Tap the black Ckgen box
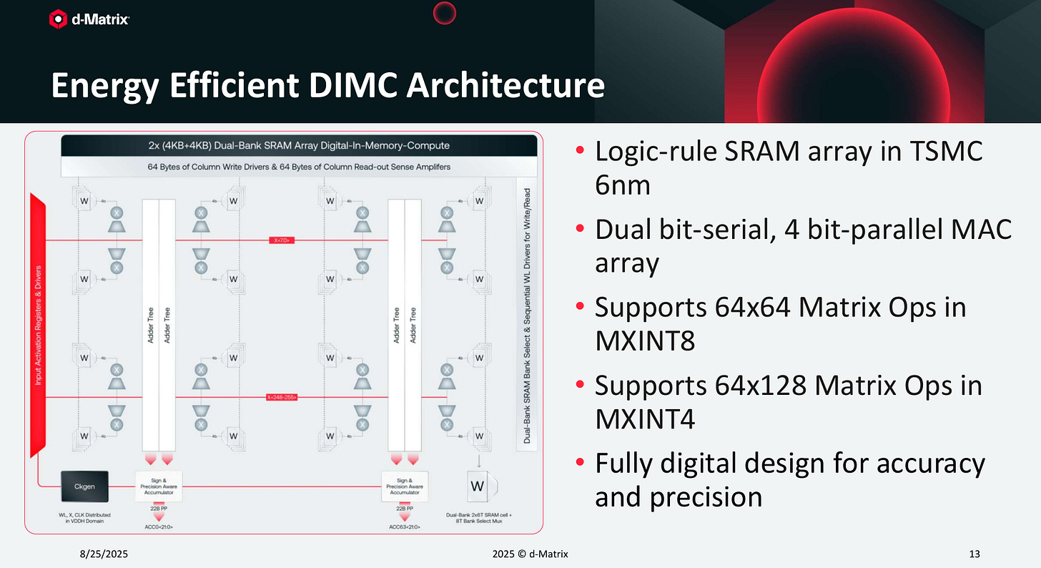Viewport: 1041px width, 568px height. pos(84,486)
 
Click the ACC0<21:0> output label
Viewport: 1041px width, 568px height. pos(159,527)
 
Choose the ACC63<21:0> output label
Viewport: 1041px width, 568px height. pos(405,527)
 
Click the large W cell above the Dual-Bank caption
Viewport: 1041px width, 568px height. pos(478,487)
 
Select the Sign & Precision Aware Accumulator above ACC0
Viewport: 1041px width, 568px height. pos(159,486)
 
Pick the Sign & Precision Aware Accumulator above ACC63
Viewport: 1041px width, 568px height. pos(405,486)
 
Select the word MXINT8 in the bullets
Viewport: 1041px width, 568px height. pos(644,341)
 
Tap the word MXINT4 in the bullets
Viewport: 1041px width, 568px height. pos(644,418)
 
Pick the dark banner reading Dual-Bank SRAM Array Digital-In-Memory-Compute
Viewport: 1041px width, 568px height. pos(300,145)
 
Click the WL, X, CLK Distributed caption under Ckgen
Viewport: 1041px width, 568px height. pos(84,519)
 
